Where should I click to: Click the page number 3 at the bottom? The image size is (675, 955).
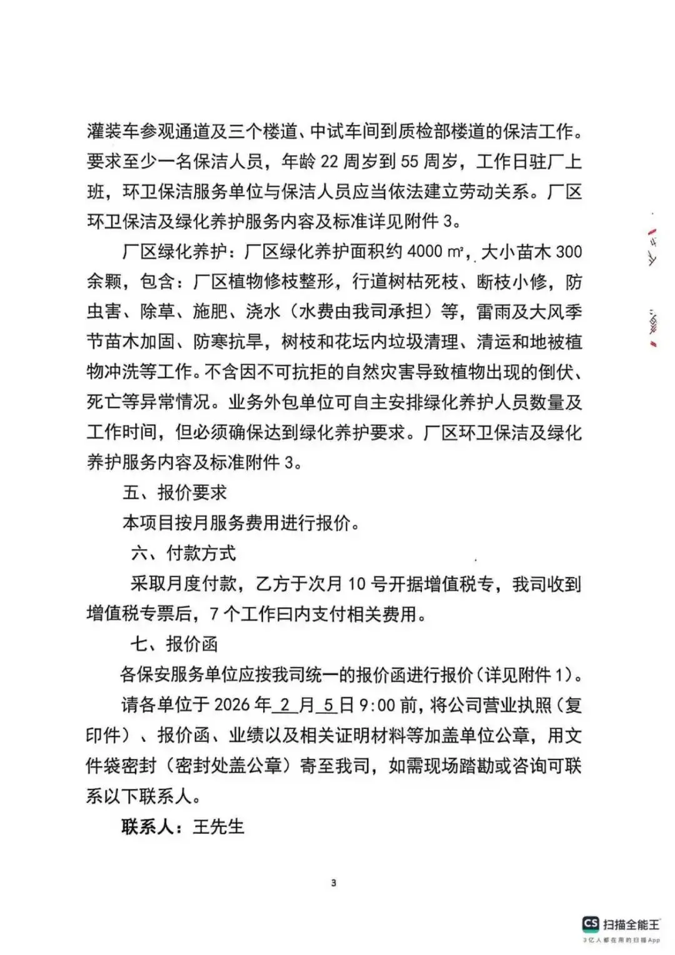point(333,883)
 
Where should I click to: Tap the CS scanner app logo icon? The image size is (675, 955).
point(590,924)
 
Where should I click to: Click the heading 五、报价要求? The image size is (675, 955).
point(174,492)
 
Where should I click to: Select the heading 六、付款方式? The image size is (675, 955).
point(183,553)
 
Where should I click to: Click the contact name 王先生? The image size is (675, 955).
point(218,826)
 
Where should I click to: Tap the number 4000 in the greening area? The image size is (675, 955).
point(424,252)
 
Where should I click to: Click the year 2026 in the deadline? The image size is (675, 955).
point(232,705)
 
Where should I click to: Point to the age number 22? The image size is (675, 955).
point(329,161)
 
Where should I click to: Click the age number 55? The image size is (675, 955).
point(409,161)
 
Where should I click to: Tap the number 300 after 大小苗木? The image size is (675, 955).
point(569,252)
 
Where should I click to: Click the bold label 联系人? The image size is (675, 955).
point(147,826)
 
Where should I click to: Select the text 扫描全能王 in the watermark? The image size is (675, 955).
point(631,924)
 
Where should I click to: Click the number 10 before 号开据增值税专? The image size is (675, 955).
point(356,584)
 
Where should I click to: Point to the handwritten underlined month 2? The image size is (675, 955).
point(285,705)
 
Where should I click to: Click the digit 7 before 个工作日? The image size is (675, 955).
point(214,614)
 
